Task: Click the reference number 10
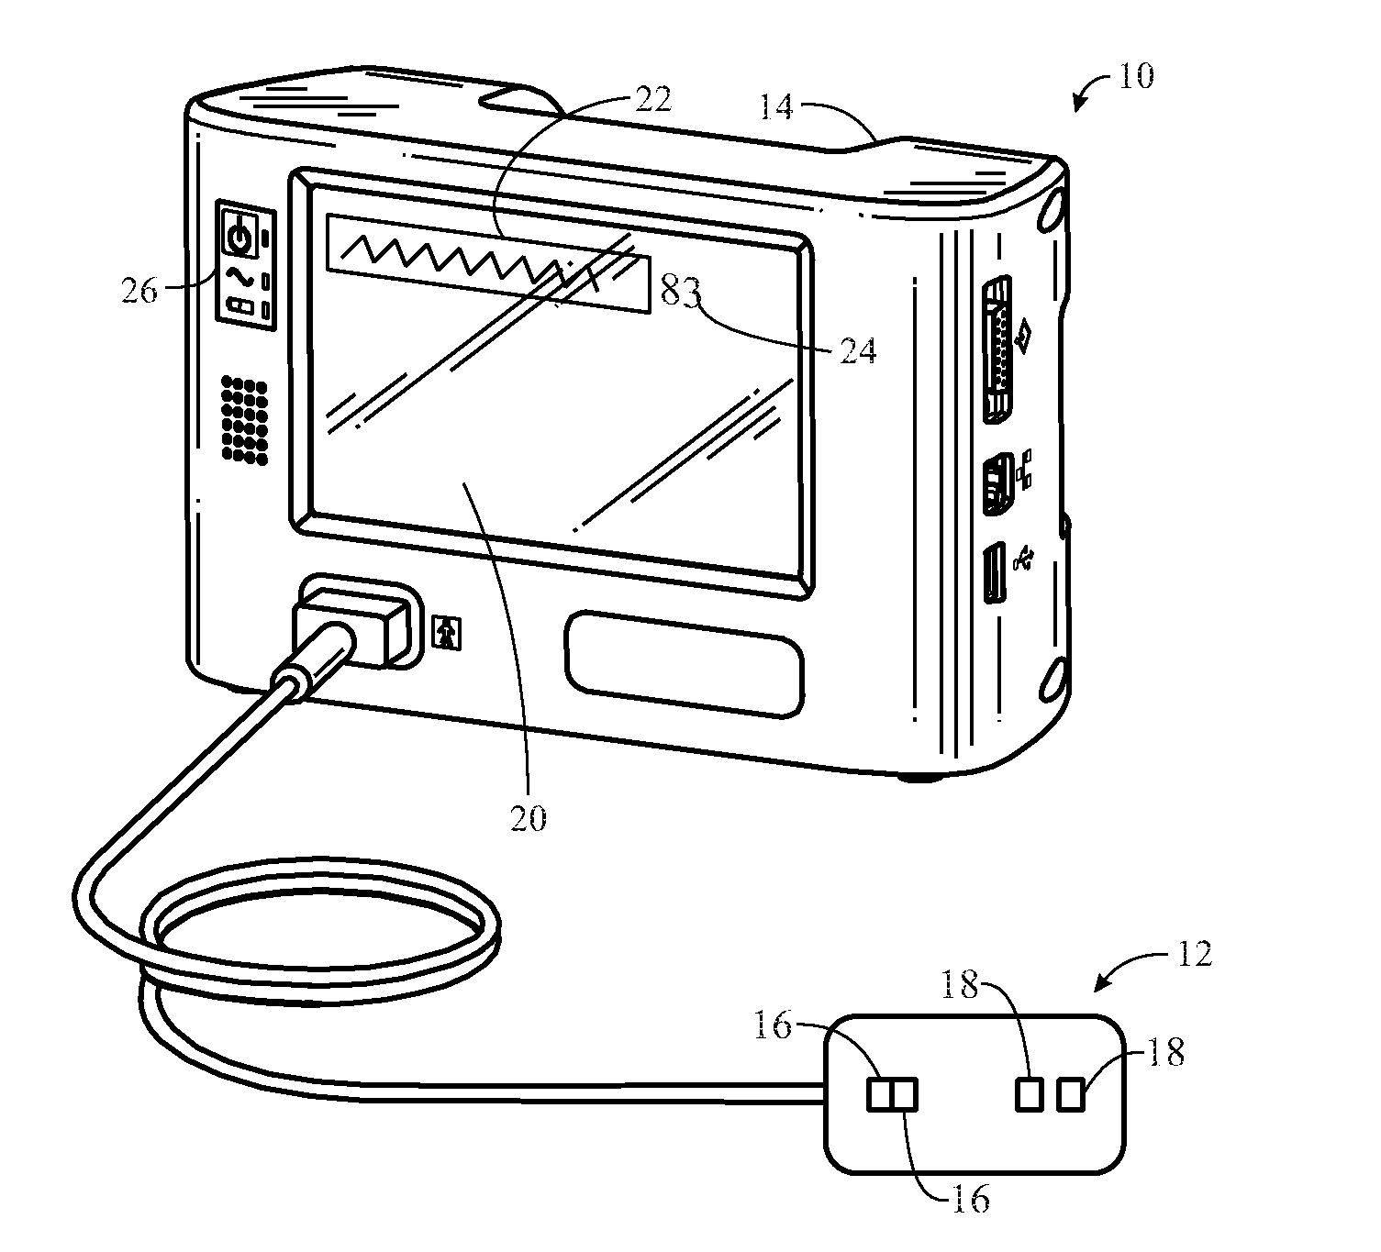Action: [x=1135, y=75]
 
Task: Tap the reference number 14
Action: [x=775, y=107]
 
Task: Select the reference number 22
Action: [x=652, y=99]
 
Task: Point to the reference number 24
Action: [x=858, y=350]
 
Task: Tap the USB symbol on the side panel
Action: [x=1023, y=560]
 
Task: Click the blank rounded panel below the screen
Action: [x=685, y=664]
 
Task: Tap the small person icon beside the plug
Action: [x=448, y=634]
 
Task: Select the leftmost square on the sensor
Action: [x=878, y=1094]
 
